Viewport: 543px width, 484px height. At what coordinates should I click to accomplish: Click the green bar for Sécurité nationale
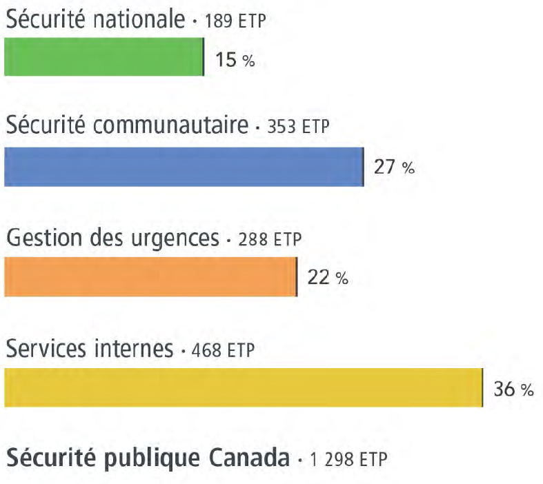pos(103,57)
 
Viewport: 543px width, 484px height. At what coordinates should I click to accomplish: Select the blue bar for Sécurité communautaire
pos(184,167)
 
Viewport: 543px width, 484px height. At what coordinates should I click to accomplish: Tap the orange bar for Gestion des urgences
pos(150,276)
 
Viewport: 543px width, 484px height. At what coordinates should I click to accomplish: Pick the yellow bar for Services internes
pos(243,387)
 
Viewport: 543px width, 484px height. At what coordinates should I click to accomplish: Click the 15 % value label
pos(235,60)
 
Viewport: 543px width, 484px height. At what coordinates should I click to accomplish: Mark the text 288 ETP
pos(270,240)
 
